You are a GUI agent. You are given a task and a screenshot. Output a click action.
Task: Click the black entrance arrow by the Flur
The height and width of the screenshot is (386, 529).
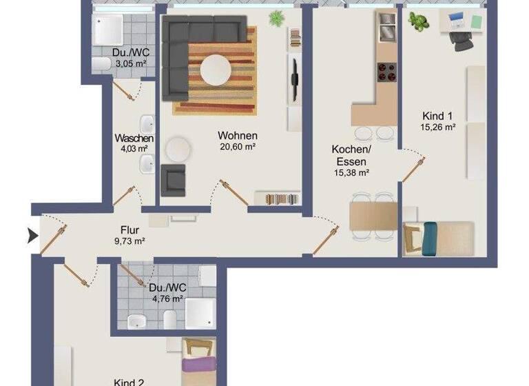[32, 236]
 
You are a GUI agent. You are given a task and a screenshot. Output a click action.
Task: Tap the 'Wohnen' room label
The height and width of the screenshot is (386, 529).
[238, 136]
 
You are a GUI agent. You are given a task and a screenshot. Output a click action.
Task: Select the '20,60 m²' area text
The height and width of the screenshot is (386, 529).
[238, 147]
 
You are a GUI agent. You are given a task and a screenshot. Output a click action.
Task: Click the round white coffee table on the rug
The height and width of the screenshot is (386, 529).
[216, 70]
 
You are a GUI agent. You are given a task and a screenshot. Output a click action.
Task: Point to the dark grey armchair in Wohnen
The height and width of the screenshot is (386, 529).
[173, 180]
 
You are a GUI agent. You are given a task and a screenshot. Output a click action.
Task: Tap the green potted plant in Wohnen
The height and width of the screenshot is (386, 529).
[277, 19]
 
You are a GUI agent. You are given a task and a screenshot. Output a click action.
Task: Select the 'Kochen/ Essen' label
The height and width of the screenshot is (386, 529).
[351, 155]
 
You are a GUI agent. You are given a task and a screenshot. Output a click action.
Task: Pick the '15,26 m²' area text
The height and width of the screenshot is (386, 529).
[438, 127]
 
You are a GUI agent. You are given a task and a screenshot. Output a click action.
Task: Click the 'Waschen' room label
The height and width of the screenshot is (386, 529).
[134, 138]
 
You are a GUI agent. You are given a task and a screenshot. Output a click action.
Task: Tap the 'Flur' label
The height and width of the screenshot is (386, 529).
[130, 230]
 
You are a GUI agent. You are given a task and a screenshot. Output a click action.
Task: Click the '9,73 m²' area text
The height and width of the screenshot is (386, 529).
[129, 241]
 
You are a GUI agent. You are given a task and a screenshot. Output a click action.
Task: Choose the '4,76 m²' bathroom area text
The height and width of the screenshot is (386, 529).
[166, 298]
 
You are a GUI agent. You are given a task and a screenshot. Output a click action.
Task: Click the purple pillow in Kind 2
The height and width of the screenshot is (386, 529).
[199, 363]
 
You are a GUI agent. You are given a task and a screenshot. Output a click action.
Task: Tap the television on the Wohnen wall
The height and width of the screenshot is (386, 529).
[294, 77]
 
